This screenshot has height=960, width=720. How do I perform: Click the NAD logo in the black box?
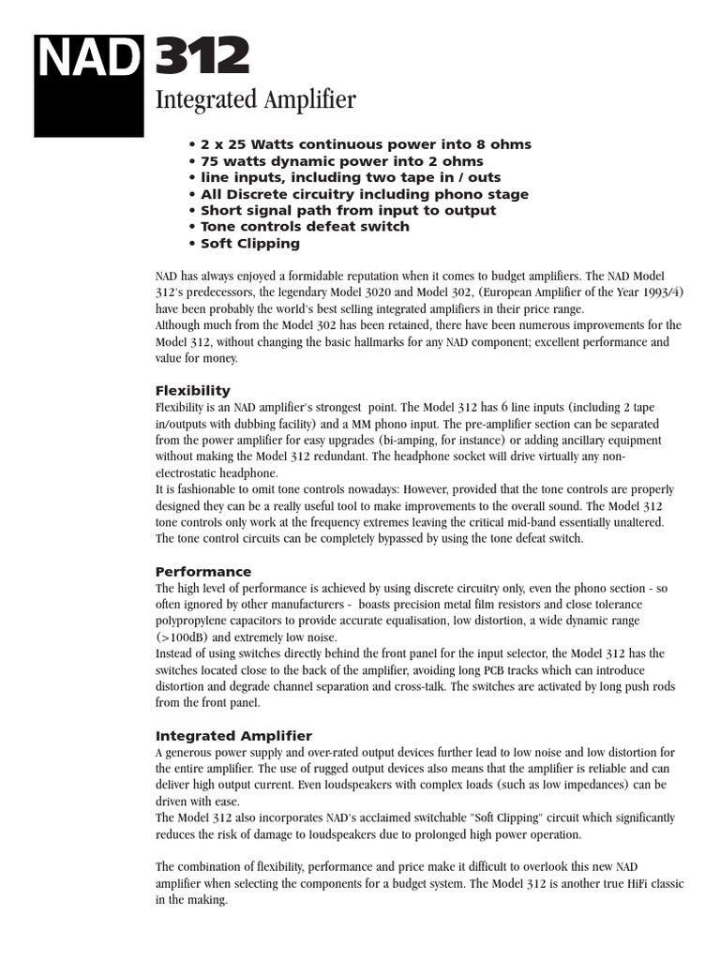(x=87, y=58)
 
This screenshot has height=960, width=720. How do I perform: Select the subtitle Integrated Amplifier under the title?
(x=255, y=100)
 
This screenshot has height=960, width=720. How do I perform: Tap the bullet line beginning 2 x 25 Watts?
(x=360, y=144)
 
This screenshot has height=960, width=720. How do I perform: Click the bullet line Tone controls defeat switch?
(x=299, y=227)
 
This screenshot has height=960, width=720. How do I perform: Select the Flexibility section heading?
(x=192, y=390)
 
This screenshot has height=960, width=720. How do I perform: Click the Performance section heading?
(x=202, y=571)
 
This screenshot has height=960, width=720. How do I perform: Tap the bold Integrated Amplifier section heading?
(x=233, y=736)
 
